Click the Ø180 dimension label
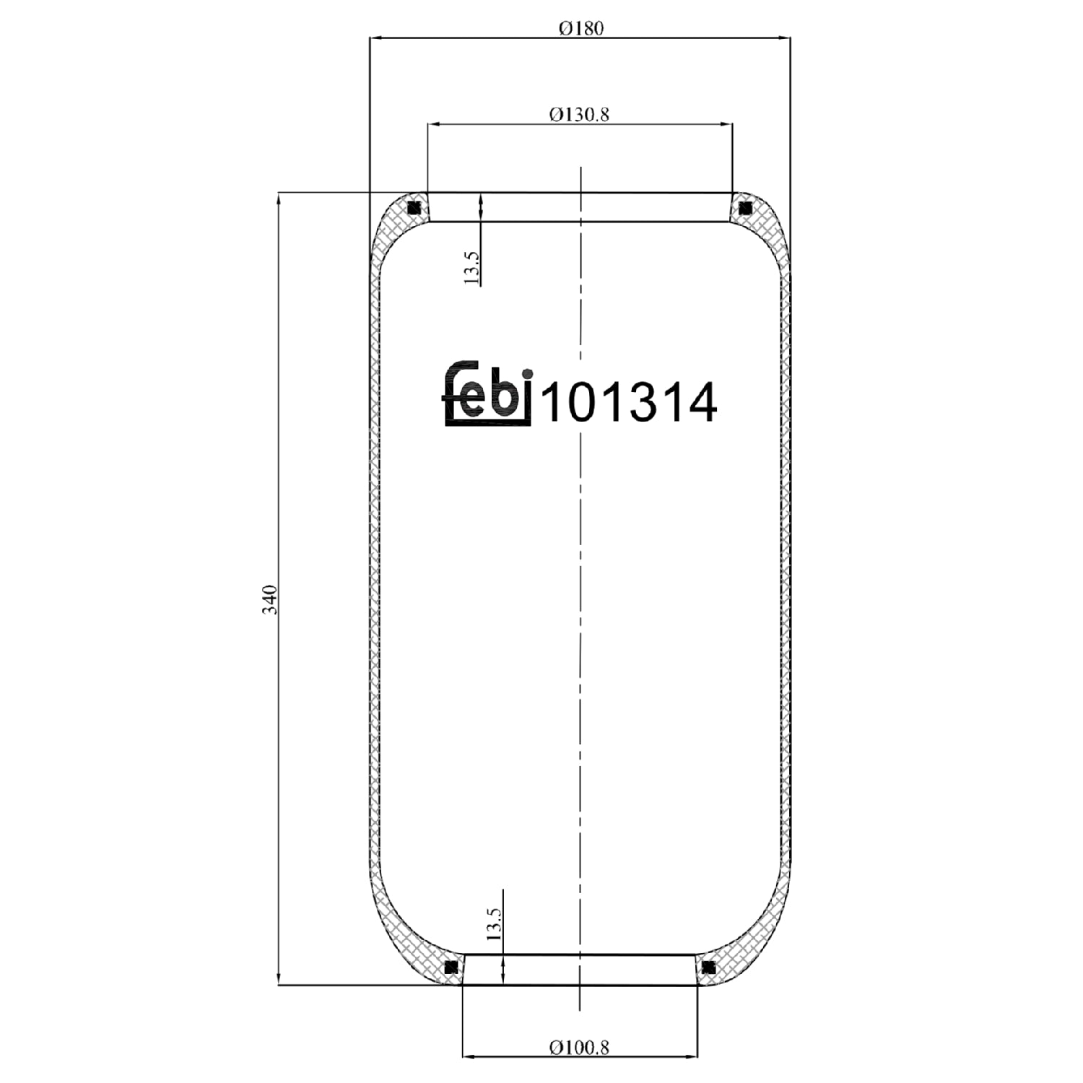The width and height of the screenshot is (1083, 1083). [x=580, y=28]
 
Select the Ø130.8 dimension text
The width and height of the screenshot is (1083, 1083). [x=579, y=114]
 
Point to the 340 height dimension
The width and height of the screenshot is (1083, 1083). [x=269, y=599]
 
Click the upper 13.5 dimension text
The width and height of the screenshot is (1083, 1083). [x=471, y=268]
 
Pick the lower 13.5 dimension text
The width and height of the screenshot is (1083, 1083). [x=493, y=923]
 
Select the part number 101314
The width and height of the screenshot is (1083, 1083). [x=629, y=402]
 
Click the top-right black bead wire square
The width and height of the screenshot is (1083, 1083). [x=745, y=209]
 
